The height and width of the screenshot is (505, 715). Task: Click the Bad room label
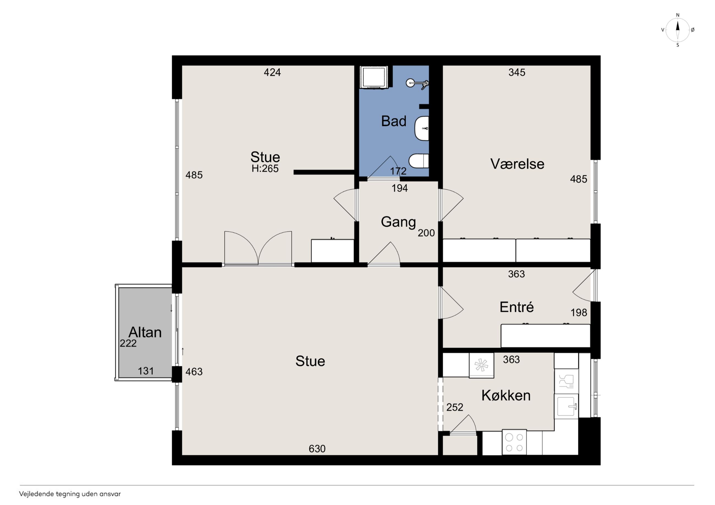tap(394, 121)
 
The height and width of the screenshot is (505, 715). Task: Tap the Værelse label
tap(517, 164)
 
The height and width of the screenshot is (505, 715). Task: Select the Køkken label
tap(506, 395)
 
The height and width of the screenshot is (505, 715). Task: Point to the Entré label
tap(517, 307)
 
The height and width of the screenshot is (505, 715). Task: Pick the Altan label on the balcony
tap(145, 332)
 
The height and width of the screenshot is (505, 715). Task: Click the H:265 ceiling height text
tap(265, 169)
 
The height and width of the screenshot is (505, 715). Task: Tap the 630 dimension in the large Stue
tap(317, 449)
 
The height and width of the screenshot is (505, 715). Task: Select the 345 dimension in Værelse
tap(517, 73)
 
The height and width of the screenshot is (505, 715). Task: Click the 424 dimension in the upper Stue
tap(273, 73)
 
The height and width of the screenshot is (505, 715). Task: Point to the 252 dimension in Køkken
tap(455, 407)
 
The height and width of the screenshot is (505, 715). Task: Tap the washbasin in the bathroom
tap(422, 128)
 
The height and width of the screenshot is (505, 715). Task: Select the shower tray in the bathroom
tap(374, 77)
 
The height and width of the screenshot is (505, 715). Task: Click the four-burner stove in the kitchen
tap(514, 442)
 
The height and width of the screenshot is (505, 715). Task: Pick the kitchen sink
tap(566, 406)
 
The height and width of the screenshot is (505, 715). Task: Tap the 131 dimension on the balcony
tap(146, 371)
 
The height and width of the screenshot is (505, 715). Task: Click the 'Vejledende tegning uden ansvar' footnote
tap(70, 494)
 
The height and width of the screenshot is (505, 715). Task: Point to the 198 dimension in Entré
tap(579, 312)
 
